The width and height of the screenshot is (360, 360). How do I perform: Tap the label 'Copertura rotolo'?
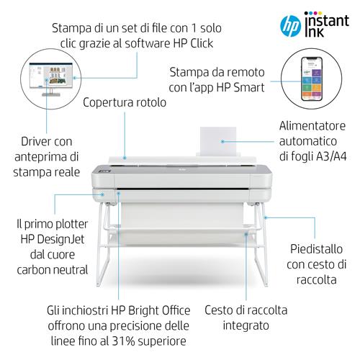coord(125,103)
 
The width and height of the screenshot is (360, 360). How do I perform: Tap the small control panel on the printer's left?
coord(107,174)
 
